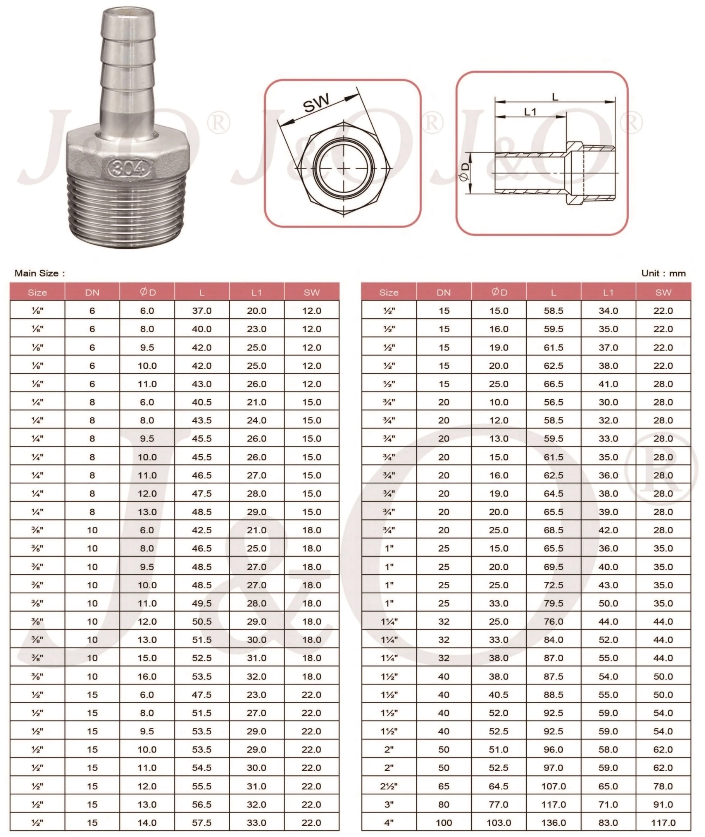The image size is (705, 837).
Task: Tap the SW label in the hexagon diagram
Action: pyautogui.click(x=316, y=103)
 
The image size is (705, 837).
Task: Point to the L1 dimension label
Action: pyautogui.click(x=530, y=112)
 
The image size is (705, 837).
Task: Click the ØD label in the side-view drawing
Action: pyautogui.click(x=464, y=172)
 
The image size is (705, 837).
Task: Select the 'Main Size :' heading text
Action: pyautogui.click(x=39, y=273)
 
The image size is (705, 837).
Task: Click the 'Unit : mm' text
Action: pyautogui.click(x=663, y=273)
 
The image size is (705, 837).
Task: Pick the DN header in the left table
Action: pyautogui.click(x=92, y=292)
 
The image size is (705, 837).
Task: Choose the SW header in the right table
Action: pyautogui.click(x=663, y=292)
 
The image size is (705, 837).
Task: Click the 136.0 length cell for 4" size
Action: pyautogui.click(x=553, y=823)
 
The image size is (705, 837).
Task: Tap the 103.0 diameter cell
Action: pyautogui.click(x=498, y=823)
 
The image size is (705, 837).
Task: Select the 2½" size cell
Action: pyautogui.click(x=389, y=786)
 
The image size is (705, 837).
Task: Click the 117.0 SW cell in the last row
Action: pyautogui.click(x=663, y=823)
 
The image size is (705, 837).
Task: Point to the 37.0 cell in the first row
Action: pyautogui.click(x=202, y=311)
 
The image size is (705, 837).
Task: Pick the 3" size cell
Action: pyautogui.click(x=389, y=804)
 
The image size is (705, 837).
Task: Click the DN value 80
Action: pyautogui.click(x=444, y=804)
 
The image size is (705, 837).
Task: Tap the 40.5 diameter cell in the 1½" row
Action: pyautogui.click(x=498, y=694)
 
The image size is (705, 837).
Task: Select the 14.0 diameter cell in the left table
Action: pyautogui.click(x=147, y=823)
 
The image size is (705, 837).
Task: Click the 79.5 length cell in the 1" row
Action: pyautogui.click(x=553, y=603)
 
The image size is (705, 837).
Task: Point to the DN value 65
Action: pyautogui.click(x=444, y=786)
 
